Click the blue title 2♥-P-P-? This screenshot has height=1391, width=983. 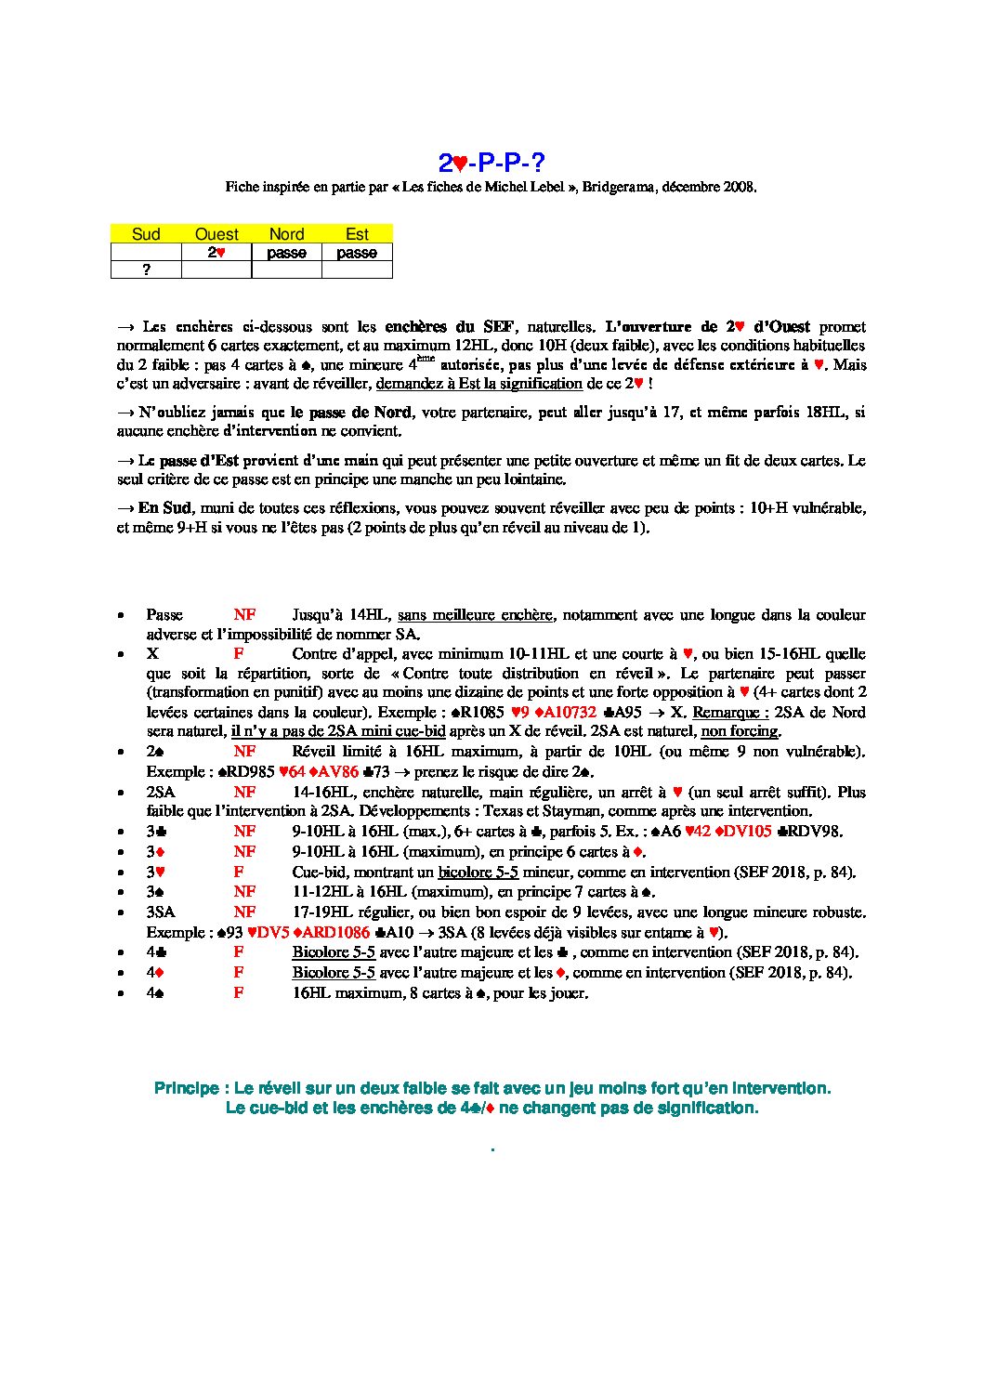pos(491,164)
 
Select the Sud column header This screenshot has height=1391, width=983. pos(146,234)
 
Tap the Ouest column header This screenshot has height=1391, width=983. pos(216,234)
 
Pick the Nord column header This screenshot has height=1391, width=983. pos(286,234)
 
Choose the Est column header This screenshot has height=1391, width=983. pos(357,234)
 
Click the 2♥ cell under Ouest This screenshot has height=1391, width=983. pos(216,253)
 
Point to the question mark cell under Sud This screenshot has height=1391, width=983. pos(146,270)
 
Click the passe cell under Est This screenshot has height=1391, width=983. pos(357,253)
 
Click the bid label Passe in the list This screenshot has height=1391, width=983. pos(164,615)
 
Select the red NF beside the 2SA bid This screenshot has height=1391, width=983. pos(244,793)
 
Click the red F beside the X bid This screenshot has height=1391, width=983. pos(239,654)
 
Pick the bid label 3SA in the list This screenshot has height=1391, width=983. pos(161,912)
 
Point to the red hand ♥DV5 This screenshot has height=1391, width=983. pos(269,933)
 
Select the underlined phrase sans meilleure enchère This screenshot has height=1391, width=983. pos(475,615)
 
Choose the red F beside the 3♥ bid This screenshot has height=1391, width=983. pos(239,873)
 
